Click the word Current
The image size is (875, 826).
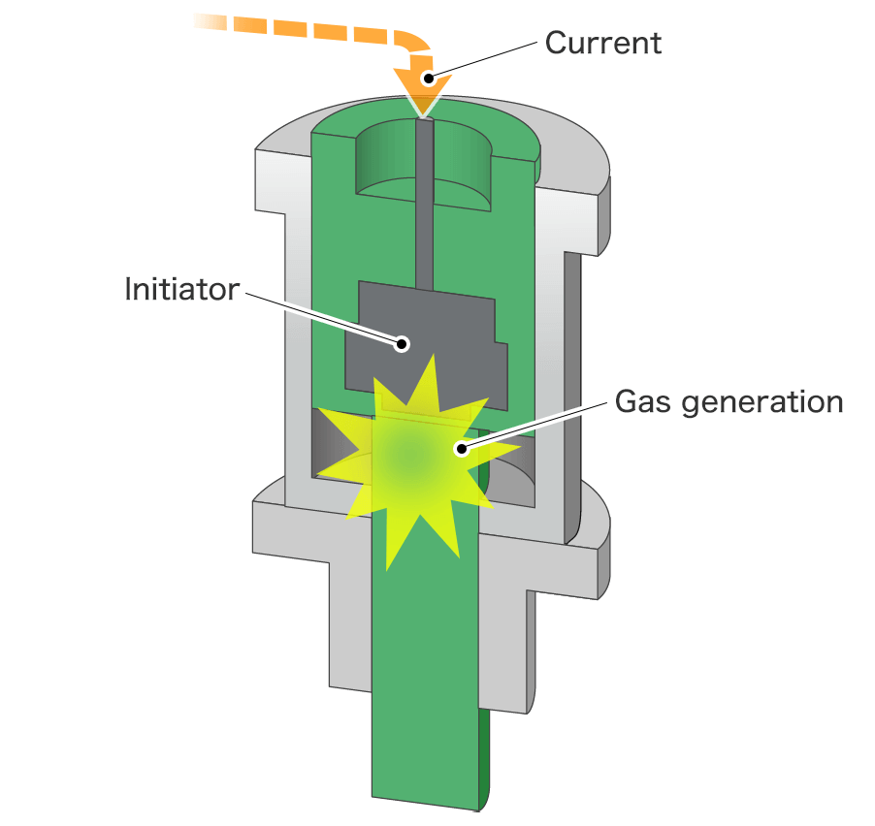pyautogui.click(x=602, y=43)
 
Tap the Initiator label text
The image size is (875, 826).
pyautogui.click(x=181, y=289)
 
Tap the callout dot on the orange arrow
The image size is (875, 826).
pyautogui.click(x=428, y=77)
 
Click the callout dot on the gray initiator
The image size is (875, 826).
pyautogui.click(x=402, y=342)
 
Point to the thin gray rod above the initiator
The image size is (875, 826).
pyautogui.click(x=424, y=213)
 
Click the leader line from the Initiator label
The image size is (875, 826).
pyautogui.click(x=320, y=314)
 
